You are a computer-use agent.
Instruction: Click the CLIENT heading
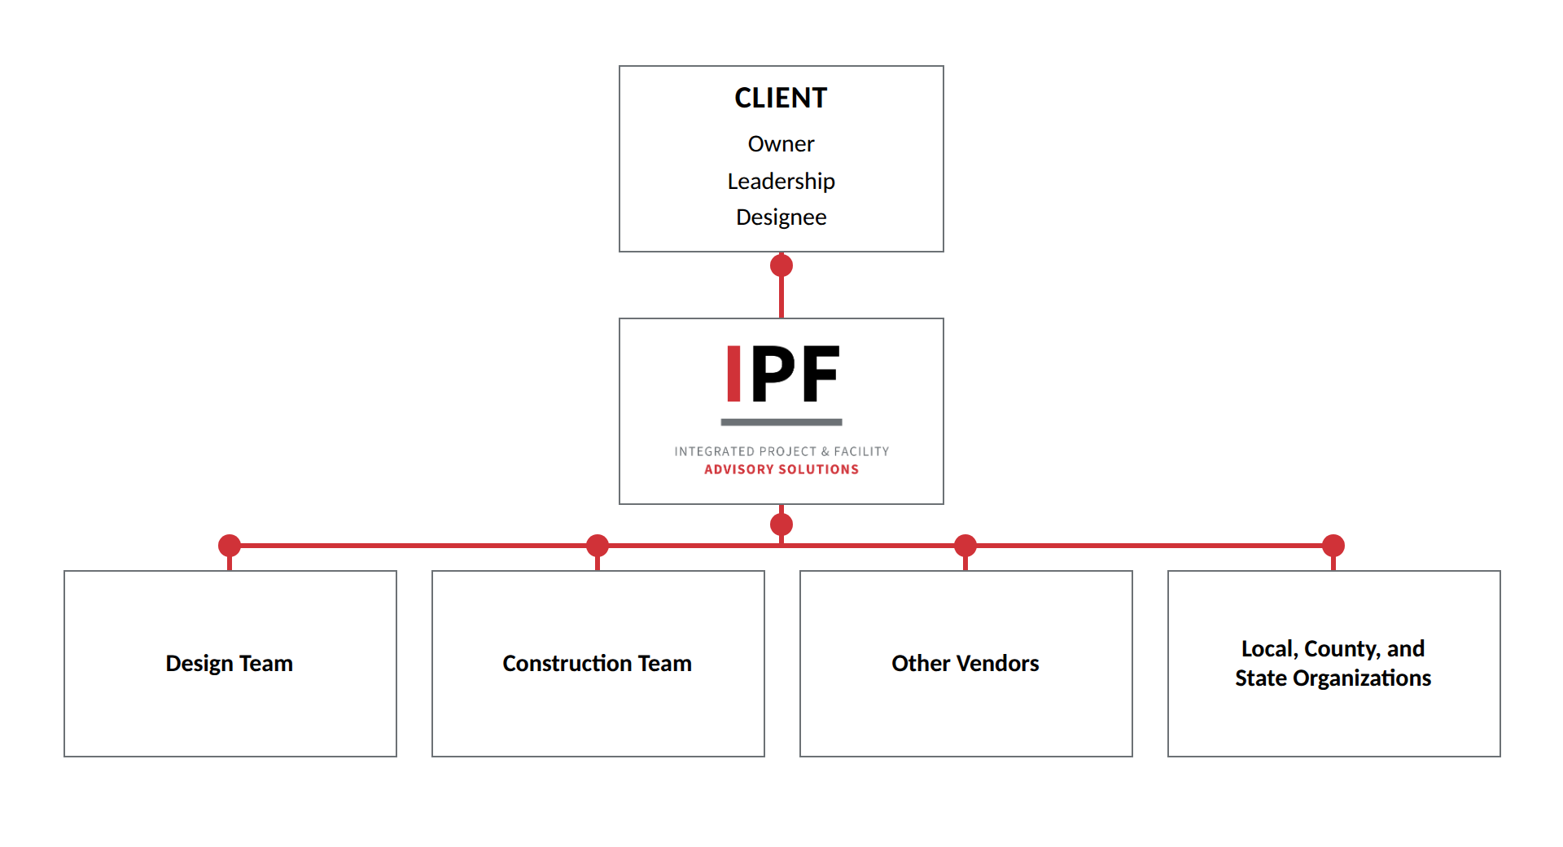pyautogui.click(x=781, y=98)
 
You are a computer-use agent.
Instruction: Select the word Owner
pyautogui.click(x=781, y=144)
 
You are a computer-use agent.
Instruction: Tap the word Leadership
pyautogui.click(x=781, y=181)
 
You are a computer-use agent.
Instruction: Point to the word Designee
pyautogui.click(x=781, y=217)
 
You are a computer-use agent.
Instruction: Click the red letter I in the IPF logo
pyautogui.click(x=733, y=374)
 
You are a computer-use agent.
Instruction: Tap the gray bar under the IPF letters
pyautogui.click(x=781, y=422)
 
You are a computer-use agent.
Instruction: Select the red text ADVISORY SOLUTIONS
pyautogui.click(x=781, y=469)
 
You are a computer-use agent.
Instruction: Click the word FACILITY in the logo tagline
pyautogui.click(x=861, y=451)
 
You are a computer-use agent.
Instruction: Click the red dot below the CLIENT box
pyautogui.click(x=781, y=266)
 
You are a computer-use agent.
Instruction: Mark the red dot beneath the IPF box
pyautogui.click(x=781, y=524)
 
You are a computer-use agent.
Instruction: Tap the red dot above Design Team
pyautogui.click(x=230, y=546)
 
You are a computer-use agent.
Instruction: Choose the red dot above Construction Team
pyautogui.click(x=598, y=546)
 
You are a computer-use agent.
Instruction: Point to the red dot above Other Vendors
pyautogui.click(x=965, y=546)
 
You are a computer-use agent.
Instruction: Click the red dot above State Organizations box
pyautogui.click(x=1333, y=546)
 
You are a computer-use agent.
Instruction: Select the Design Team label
pyautogui.click(x=230, y=664)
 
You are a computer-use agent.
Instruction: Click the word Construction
pyautogui.click(x=567, y=664)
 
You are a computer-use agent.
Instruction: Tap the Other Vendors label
pyautogui.click(x=965, y=664)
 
